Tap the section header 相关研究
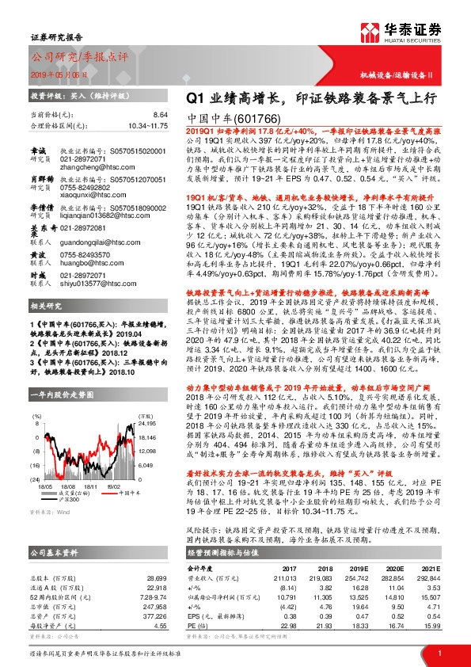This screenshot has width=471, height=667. (41, 326)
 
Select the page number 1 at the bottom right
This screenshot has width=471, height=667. (439, 653)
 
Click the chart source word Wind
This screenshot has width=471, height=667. (58, 513)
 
